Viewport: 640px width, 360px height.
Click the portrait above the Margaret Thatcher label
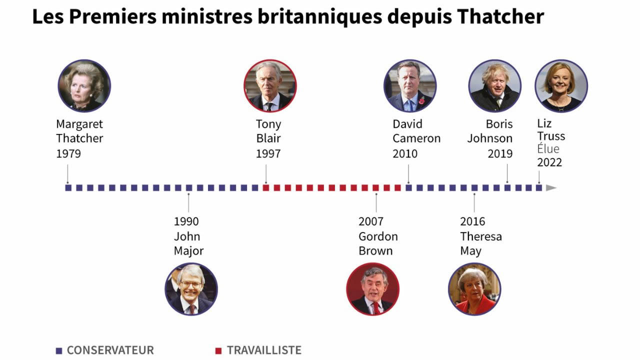click(x=84, y=85)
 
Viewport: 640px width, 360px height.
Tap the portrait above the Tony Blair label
click(x=270, y=85)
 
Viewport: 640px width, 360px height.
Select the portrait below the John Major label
click(x=191, y=289)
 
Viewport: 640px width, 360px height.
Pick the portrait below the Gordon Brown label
click(x=372, y=289)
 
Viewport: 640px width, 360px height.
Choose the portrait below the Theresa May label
click(x=474, y=289)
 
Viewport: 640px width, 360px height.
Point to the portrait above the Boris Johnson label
click(x=495, y=85)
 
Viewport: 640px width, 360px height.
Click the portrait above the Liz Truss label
click(x=561, y=85)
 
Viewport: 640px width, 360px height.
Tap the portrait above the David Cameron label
click(x=410, y=85)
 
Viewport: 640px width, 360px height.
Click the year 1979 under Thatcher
click(x=68, y=153)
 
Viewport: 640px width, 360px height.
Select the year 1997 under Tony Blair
click(x=268, y=153)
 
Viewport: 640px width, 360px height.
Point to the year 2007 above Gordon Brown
click(x=371, y=221)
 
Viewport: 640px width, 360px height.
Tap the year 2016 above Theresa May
click(x=472, y=221)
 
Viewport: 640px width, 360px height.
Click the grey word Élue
click(x=548, y=149)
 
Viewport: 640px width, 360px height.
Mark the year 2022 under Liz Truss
click(x=549, y=162)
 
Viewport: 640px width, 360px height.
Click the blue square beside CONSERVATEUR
click(x=59, y=350)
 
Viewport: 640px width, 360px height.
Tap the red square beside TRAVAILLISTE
click(x=218, y=350)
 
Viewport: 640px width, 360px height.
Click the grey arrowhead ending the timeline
click(x=551, y=188)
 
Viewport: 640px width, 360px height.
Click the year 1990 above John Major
click(x=186, y=221)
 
